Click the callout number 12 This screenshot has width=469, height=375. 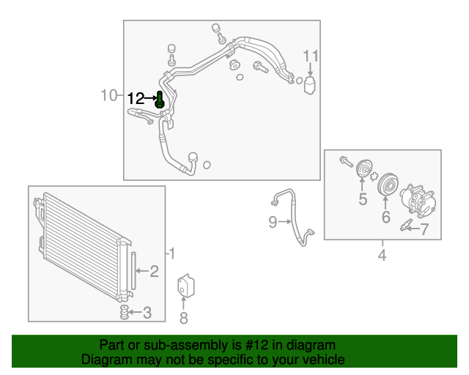138,97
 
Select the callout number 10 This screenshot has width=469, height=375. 109,94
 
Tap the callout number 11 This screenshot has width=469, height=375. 311,56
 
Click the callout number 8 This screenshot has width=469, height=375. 184,317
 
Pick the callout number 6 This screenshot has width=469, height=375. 385,218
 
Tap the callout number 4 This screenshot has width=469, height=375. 382,255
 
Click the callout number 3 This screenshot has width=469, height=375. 147,313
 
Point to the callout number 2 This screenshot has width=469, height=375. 154,272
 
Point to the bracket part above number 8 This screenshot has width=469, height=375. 185,286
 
